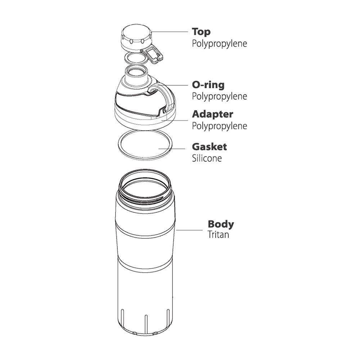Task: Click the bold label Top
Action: pyautogui.click(x=201, y=32)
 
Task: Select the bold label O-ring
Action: pyautogui.click(x=208, y=85)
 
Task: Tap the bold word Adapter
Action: pyautogui.click(x=213, y=114)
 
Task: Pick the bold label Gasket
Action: pyautogui.click(x=210, y=147)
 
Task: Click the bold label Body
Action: pyautogui.click(x=221, y=224)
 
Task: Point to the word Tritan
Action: pyautogui.click(x=219, y=235)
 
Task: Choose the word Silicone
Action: pyautogui.click(x=207, y=158)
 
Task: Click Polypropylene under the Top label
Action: pyautogui.click(x=220, y=44)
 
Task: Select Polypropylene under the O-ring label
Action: pyautogui.click(x=220, y=96)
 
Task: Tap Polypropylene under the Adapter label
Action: pyautogui.click(x=220, y=126)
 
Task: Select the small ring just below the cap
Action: pyautogui.click(x=136, y=59)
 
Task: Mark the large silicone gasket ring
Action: pyautogui.click(x=145, y=145)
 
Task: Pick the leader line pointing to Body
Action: pyautogui.click(x=189, y=230)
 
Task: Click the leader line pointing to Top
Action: pyautogui.click(x=170, y=32)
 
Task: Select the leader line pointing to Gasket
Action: pyautogui.click(x=172, y=149)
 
